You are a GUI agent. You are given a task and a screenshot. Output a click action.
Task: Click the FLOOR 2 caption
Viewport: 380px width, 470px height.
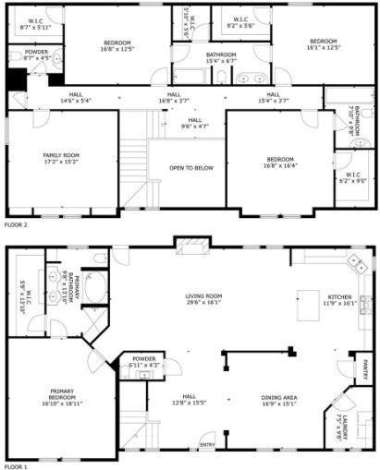click(18, 224)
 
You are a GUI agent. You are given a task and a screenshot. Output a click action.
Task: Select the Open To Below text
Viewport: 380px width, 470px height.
click(186, 168)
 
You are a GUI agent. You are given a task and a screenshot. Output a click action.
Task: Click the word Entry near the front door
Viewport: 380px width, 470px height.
click(207, 446)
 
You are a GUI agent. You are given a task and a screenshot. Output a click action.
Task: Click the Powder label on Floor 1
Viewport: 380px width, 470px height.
click(143, 357)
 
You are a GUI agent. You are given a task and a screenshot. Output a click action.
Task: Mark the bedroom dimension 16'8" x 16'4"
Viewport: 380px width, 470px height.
click(279, 165)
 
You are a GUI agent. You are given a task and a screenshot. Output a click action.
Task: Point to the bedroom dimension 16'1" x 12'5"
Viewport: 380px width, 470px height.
click(323, 47)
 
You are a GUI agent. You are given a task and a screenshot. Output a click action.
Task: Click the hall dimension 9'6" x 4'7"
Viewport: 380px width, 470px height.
click(194, 126)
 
